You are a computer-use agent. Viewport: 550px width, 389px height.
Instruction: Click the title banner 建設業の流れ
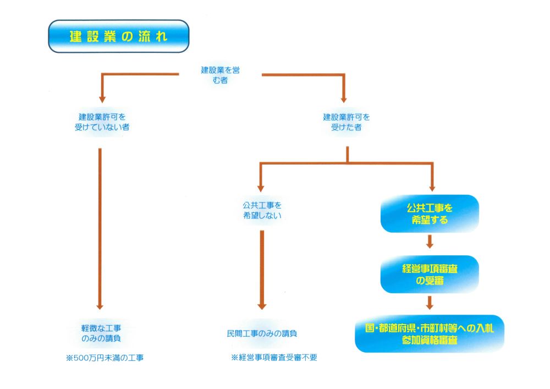click(118, 36)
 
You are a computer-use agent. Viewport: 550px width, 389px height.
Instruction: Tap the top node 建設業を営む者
click(220, 75)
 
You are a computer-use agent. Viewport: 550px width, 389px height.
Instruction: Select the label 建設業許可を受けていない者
click(105, 122)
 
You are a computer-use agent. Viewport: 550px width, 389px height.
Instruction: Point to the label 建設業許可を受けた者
click(346, 122)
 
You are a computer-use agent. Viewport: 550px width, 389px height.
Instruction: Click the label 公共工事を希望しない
click(262, 210)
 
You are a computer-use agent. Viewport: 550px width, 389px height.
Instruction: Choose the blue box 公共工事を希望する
click(430, 214)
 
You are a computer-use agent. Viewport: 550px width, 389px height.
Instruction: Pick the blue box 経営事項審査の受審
click(430, 274)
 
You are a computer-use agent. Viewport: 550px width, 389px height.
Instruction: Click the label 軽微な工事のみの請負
click(101, 332)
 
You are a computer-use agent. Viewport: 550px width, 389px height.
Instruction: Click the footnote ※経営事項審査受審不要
click(275, 358)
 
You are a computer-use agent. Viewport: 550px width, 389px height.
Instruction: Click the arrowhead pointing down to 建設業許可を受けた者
click(344, 99)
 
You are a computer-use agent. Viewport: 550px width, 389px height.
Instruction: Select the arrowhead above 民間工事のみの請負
click(262, 305)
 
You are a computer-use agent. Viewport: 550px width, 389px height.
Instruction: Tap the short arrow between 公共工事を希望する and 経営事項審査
click(430, 242)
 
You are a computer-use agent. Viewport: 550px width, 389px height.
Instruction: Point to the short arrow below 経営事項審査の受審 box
click(430, 303)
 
